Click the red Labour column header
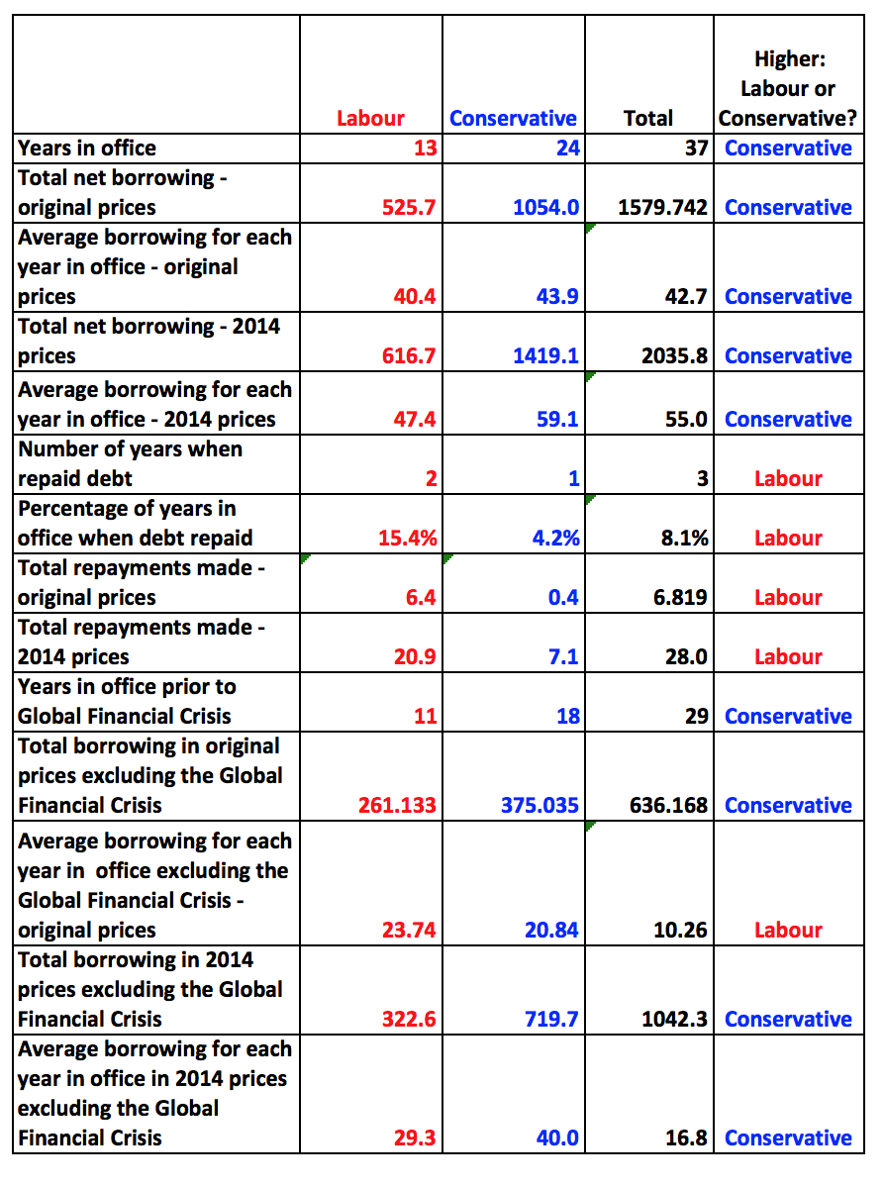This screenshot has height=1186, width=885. click(x=370, y=119)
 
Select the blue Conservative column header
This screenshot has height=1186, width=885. click(x=513, y=119)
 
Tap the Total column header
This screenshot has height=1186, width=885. click(x=648, y=119)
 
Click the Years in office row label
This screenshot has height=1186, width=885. click(x=87, y=148)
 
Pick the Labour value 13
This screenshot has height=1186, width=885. click(x=425, y=148)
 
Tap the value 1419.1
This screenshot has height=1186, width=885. click(x=545, y=356)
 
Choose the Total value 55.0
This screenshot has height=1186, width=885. click(x=686, y=420)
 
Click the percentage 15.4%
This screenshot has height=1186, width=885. click(x=408, y=539)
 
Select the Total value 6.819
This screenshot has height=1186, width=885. click(x=680, y=598)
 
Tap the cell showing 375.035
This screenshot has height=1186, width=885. click(x=540, y=806)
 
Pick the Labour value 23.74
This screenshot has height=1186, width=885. click(x=409, y=931)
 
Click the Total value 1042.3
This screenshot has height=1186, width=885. click(x=674, y=1020)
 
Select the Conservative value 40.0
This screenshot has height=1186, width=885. click(x=557, y=1138)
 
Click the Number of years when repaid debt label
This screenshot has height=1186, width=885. click(x=129, y=464)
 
